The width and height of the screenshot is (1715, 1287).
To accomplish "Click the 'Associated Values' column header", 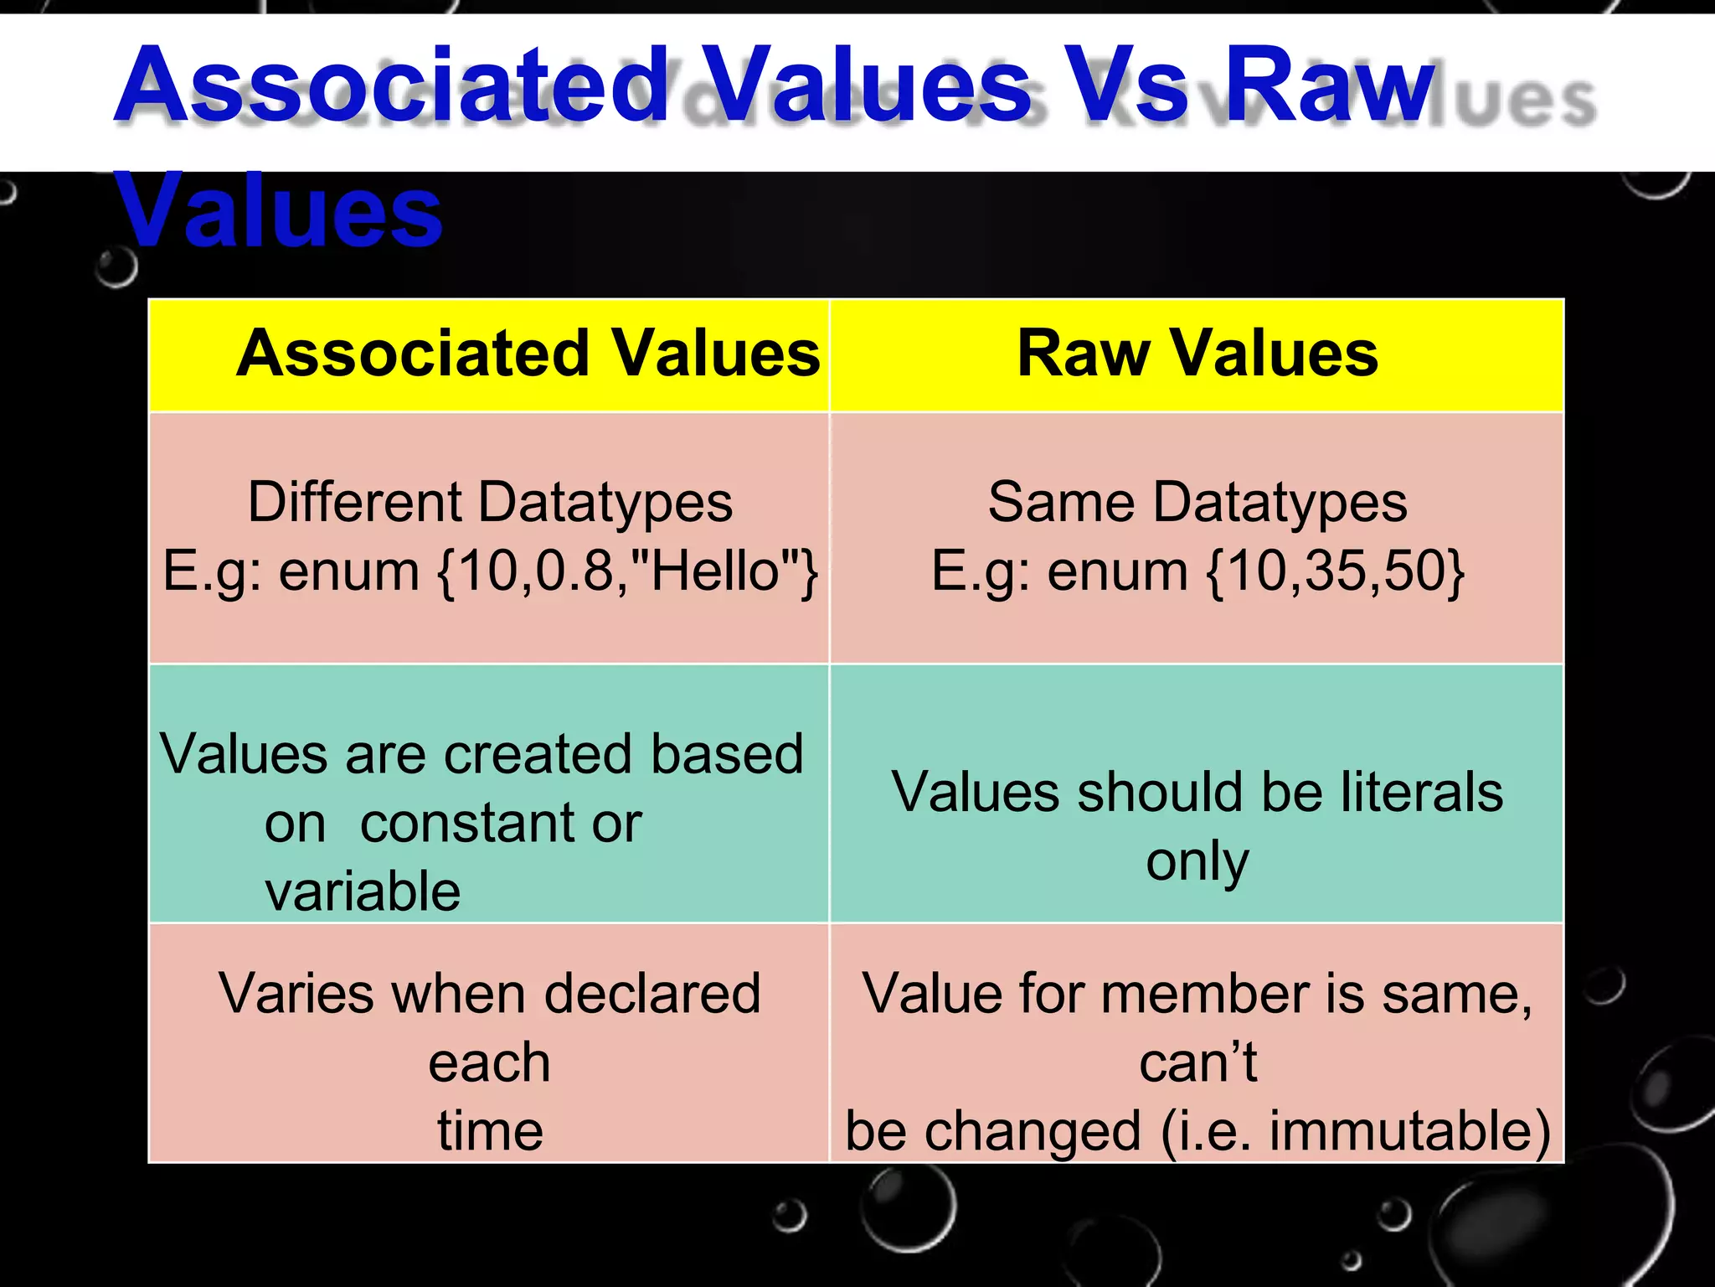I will point(528,354).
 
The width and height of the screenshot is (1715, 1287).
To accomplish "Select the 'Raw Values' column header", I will point(1197,354).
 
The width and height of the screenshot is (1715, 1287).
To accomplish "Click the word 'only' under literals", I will point(1197,861).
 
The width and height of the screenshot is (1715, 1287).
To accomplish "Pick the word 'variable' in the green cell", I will point(363,892).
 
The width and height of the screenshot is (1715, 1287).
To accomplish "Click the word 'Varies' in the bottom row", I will point(295,995).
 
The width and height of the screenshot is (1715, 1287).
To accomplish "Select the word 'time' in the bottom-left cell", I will point(490,1131).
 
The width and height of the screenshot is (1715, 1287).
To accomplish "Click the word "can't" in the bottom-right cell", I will point(1198,1062).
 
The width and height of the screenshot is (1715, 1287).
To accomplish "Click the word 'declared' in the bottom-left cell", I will point(652,995).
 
